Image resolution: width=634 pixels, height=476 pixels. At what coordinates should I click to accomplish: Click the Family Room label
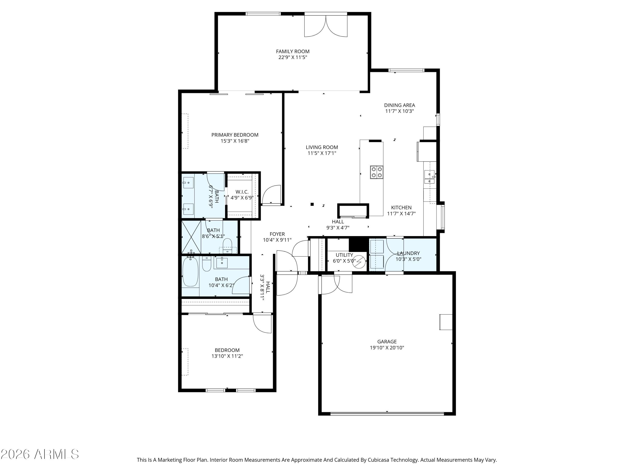click(293, 51)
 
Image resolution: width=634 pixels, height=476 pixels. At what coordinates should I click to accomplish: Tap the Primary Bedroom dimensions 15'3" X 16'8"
click(235, 141)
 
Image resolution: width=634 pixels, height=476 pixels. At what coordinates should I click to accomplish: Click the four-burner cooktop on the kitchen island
click(377, 172)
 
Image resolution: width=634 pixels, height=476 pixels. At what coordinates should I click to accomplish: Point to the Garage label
click(387, 341)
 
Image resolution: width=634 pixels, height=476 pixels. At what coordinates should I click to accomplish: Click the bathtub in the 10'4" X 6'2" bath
click(190, 271)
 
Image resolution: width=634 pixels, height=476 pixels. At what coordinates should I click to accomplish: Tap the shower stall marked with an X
click(191, 237)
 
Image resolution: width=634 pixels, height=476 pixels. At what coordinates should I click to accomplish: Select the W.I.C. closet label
click(242, 192)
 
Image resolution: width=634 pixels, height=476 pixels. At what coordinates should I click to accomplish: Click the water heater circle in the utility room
click(359, 262)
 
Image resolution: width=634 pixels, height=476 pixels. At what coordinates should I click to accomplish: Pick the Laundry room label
click(409, 253)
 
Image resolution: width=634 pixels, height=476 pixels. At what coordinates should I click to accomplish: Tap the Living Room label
click(322, 147)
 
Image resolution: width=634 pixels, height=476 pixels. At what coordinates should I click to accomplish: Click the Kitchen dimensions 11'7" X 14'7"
click(401, 213)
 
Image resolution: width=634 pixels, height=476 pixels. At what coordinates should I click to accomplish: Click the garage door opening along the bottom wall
click(387, 413)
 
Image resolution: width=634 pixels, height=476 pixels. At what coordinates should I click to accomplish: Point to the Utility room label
click(344, 255)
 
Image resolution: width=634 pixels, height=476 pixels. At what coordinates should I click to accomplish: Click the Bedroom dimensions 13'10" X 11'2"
click(227, 356)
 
